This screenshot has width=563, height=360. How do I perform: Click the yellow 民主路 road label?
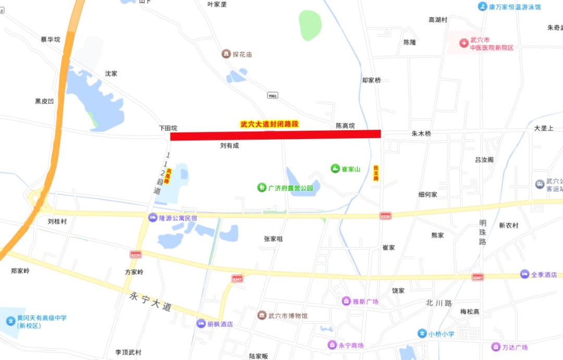[x=376, y=173]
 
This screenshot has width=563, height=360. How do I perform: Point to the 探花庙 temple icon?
[x=226, y=54]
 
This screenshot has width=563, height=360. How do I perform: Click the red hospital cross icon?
[x=463, y=43]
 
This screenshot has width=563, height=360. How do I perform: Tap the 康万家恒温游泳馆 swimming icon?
[x=482, y=7]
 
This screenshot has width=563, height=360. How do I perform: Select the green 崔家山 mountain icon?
[x=335, y=169]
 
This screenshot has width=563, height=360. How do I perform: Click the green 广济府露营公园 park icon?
[x=262, y=188]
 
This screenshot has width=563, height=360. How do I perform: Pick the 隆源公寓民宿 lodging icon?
[x=153, y=218]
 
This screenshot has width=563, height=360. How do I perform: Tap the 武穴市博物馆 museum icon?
[x=262, y=316]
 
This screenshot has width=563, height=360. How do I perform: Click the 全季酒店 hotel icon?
[x=524, y=274]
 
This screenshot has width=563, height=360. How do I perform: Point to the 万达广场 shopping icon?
[x=495, y=347]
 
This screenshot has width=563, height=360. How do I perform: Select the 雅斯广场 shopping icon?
[x=346, y=301]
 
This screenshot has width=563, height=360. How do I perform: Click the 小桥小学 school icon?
[x=422, y=333]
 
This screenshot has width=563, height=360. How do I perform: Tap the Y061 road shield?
[x=272, y=95]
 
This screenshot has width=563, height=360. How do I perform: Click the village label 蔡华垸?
[x=51, y=40]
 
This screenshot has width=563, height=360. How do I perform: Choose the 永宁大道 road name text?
[x=150, y=302]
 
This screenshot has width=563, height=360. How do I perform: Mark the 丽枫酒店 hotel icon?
[x=201, y=324]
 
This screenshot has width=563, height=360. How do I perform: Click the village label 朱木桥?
[x=421, y=133]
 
